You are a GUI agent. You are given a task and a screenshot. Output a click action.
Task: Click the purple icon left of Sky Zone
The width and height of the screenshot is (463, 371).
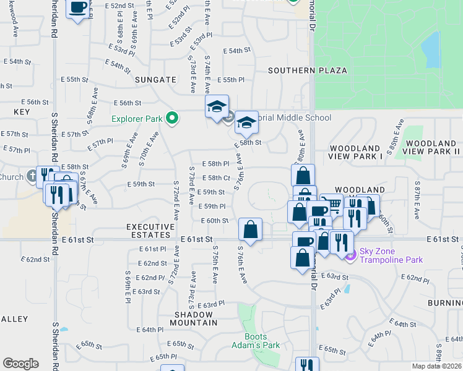click(x=350, y=254)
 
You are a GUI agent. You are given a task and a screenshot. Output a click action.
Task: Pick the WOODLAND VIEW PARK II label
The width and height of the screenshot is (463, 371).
click(x=431, y=148)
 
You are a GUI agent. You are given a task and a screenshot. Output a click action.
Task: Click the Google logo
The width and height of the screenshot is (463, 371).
click(x=20, y=364)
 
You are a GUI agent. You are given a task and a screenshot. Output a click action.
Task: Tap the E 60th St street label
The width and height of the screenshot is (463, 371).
click(x=215, y=220)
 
